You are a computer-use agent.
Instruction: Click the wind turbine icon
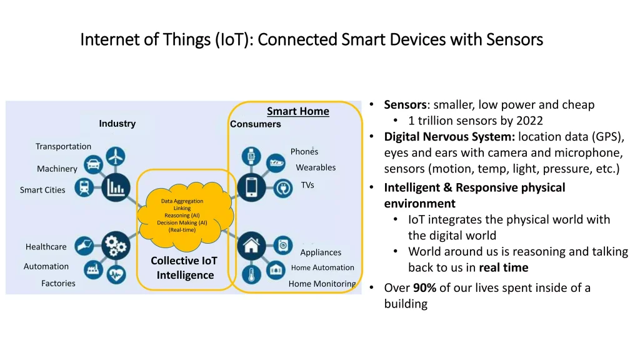click(x=116, y=156)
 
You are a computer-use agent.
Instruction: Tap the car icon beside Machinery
click(x=94, y=164)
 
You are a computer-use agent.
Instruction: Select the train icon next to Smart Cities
click(x=84, y=187)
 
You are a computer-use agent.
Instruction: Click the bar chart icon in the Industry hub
click(x=116, y=187)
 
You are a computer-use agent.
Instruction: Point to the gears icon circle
click(x=116, y=246)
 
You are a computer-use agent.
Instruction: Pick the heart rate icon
click(x=116, y=274)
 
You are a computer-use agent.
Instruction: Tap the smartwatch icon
click(x=251, y=156)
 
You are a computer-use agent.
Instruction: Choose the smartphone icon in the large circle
click(x=251, y=187)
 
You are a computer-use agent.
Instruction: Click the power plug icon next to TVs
click(x=283, y=188)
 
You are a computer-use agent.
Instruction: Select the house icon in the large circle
click(x=251, y=246)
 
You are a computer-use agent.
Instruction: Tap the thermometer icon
click(x=251, y=275)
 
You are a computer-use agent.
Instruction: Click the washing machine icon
click(x=283, y=246)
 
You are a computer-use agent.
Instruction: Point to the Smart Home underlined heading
click(x=298, y=111)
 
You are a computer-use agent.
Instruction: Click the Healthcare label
click(x=46, y=246)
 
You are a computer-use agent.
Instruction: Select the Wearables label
click(x=316, y=167)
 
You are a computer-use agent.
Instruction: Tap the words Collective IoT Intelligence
click(x=184, y=267)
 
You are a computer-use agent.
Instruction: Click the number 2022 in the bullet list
click(x=529, y=121)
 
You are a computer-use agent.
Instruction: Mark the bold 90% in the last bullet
click(x=424, y=287)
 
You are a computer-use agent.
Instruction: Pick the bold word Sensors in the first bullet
click(x=405, y=104)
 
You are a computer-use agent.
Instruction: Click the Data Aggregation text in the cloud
click(x=182, y=201)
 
